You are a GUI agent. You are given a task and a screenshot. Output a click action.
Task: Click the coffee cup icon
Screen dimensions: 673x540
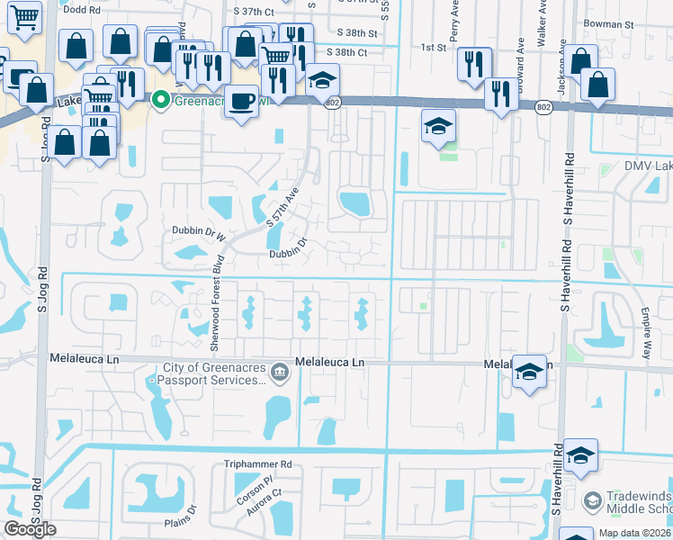pos(241,101)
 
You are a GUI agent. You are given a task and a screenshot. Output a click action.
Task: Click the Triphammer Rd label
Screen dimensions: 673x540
pos(258,464)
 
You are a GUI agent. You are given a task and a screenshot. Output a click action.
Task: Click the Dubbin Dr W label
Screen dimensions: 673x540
pos(197,231)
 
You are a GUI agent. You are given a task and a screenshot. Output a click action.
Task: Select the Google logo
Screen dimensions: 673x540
pos(30,529)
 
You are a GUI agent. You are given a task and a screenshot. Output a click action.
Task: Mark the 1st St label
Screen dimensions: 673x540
pos(434,47)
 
